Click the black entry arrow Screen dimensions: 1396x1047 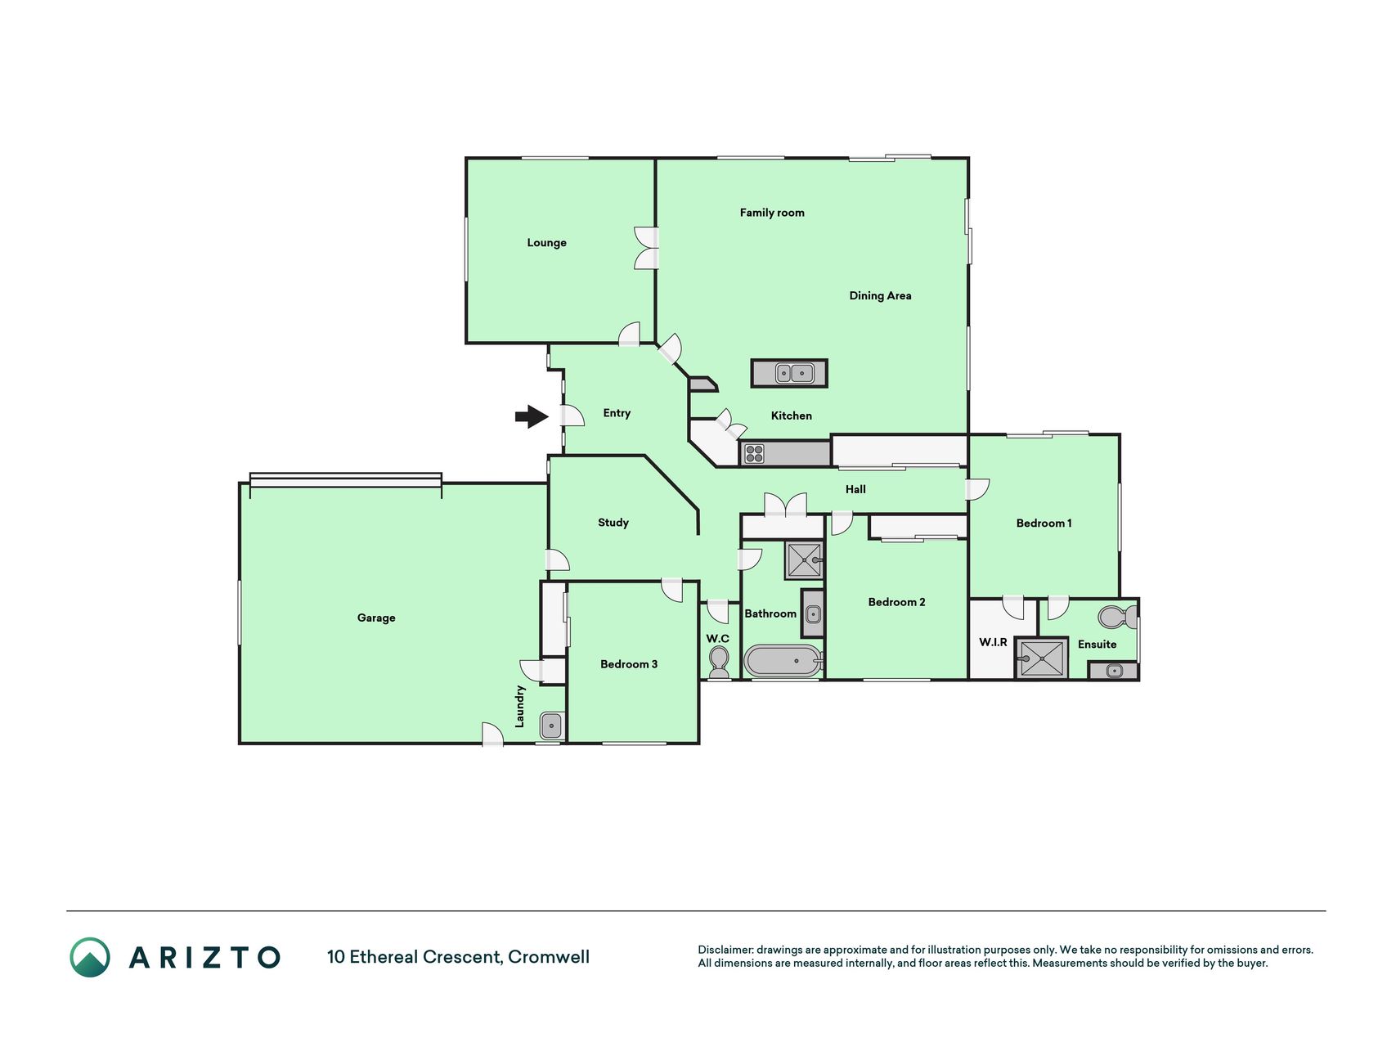(532, 416)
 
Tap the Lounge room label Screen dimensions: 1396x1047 (546, 243)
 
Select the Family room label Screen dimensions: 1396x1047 (772, 213)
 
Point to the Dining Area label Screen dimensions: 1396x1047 (880, 296)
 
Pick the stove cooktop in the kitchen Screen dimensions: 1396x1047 (754, 453)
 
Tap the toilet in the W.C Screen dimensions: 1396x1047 (719, 661)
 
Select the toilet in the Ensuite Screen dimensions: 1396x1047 (1117, 616)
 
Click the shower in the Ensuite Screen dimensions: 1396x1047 (1042, 658)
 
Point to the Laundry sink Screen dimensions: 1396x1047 (551, 726)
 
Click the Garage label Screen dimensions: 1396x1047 (376, 618)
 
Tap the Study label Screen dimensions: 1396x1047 (613, 523)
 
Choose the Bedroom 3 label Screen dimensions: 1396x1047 (629, 664)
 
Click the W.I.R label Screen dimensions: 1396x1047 (994, 642)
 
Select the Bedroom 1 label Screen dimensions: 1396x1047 (1044, 523)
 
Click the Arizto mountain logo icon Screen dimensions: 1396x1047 (90, 957)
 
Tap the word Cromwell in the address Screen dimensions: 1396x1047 (549, 957)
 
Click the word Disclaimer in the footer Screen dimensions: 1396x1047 (725, 950)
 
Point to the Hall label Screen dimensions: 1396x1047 (855, 489)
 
